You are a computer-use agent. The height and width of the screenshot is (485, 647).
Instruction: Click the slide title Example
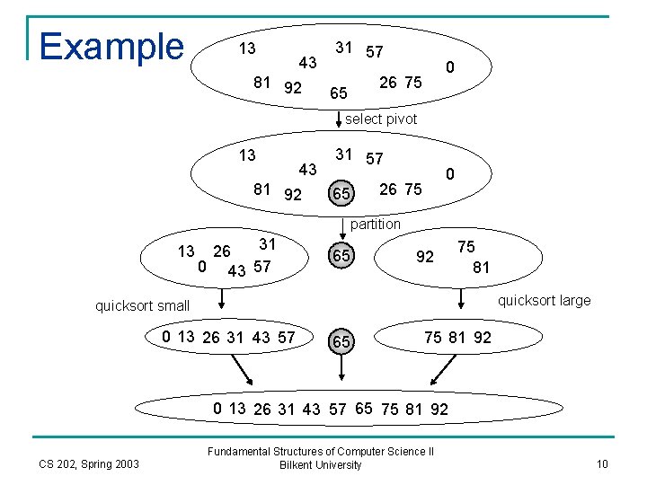tap(111, 46)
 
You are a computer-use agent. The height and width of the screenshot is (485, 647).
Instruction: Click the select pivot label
tap(381, 119)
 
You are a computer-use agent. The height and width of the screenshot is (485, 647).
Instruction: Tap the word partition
tap(376, 224)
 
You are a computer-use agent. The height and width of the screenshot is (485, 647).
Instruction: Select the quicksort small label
tap(143, 305)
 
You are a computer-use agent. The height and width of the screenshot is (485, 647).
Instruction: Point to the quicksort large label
tap(544, 300)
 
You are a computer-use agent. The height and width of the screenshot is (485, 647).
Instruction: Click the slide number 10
tap(602, 463)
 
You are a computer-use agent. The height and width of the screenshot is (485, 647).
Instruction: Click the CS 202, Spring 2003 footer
tap(89, 463)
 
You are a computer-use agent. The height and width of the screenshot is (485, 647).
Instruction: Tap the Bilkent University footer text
tap(321, 465)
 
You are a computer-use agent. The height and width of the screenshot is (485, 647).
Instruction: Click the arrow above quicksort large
tap(461, 296)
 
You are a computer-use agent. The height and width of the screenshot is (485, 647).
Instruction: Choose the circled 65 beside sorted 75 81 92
tap(341, 342)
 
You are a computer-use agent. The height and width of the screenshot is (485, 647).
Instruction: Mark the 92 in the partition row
tap(425, 257)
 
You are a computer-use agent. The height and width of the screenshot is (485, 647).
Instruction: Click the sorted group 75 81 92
tap(457, 338)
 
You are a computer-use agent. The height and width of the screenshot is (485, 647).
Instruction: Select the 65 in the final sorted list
tap(364, 408)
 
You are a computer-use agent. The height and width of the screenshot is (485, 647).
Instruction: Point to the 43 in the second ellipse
tap(308, 169)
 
